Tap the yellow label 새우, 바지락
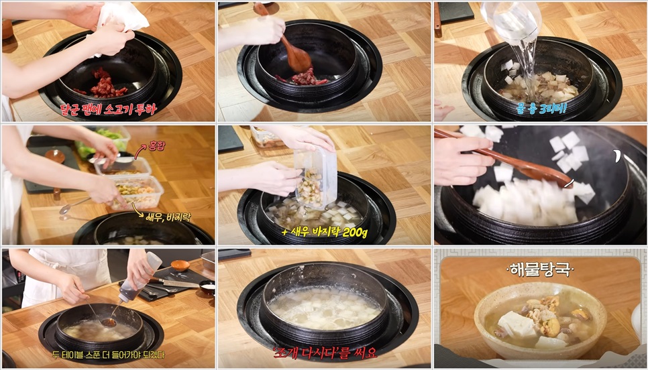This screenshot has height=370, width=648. [x=172, y=216]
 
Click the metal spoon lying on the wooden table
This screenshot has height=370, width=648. [x=74, y=205]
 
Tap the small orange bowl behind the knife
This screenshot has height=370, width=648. [x=179, y=265]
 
